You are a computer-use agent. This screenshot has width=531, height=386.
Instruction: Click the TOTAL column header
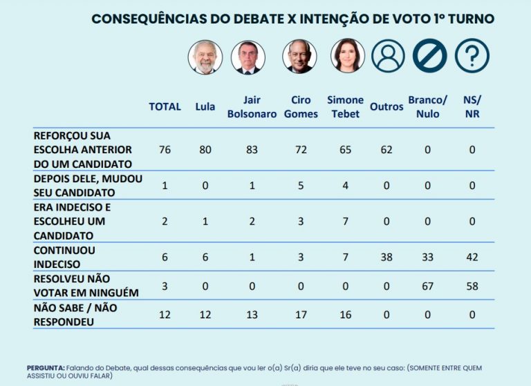165,106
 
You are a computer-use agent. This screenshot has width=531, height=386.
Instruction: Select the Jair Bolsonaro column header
251,106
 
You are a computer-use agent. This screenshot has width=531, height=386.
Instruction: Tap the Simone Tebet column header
344,106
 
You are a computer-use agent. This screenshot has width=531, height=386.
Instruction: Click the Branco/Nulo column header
428,106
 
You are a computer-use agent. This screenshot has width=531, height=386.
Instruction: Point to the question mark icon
472,56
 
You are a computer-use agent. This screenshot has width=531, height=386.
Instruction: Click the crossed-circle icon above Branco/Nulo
430,56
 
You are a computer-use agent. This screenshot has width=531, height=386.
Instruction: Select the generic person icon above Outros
388,56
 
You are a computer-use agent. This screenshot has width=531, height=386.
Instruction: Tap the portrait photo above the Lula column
205,57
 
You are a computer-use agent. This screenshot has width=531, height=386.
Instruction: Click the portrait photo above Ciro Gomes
299,57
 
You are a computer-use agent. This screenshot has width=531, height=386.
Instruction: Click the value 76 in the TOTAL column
165,149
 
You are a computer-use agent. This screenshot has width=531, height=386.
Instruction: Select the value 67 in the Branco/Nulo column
428,286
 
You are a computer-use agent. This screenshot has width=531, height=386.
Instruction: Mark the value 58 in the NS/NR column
472,286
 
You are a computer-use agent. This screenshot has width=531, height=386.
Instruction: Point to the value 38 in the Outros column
386,257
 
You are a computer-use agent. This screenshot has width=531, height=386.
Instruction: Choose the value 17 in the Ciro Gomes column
299,315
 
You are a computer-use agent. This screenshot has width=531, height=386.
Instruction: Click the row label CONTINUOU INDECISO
65,257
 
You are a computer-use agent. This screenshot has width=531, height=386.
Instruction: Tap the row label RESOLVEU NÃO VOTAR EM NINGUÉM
86,286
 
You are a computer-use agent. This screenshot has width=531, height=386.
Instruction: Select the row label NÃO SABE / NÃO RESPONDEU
75,315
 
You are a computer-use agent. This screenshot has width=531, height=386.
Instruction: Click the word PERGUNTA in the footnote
46,367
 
